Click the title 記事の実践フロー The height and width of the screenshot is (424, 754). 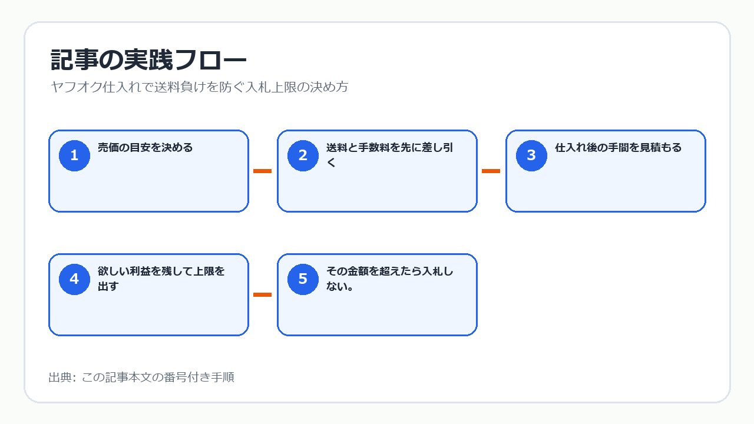pos(148,60)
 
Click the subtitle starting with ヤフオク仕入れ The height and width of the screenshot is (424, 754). pos(199,87)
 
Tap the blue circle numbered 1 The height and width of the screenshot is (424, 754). pos(74,155)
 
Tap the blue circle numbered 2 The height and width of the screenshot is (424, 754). pos(303,155)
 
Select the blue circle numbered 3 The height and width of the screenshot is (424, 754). pos(531,155)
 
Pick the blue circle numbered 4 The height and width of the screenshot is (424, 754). pos(74,279)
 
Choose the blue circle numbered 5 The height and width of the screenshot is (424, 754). pos(303,279)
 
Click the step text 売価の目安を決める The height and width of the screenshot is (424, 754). pos(145,147)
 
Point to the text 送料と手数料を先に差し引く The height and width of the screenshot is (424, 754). pos(389,155)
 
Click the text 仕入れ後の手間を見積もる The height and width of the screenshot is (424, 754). pos(618,147)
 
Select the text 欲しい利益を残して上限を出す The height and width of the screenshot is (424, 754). pos(161,279)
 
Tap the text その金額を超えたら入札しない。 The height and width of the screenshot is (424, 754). pos(389,279)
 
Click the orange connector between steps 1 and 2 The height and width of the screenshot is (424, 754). pos(262,171)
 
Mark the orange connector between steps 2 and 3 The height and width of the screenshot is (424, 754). pos(491,171)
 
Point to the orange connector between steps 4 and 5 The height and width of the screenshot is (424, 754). pos(262,295)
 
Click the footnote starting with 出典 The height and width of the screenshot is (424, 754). pos(141,377)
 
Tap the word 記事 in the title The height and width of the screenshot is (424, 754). pos(75,60)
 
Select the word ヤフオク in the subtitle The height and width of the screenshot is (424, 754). pos(77,87)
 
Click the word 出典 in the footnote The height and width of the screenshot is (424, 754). pos(60,377)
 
